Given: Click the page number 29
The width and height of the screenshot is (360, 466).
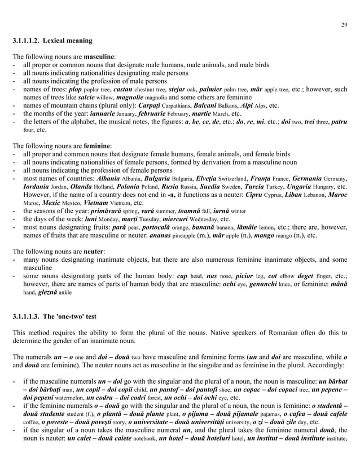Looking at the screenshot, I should (344, 24).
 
